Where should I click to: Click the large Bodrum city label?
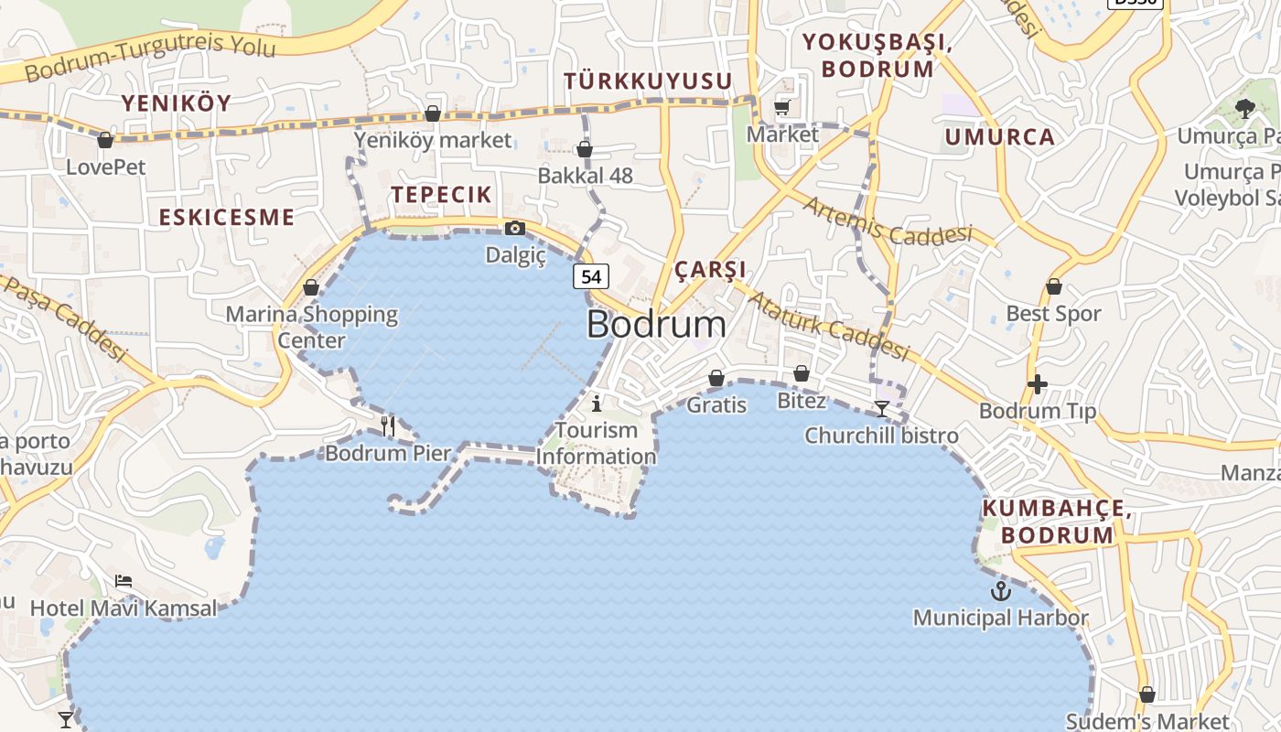pyautogui.click(x=656, y=324)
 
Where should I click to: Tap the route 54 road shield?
pyautogui.click(x=591, y=275)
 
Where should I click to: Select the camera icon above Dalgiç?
pyautogui.click(x=515, y=228)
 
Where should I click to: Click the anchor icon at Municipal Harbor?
pyautogui.click(x=1001, y=590)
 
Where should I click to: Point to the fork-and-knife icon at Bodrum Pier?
pyautogui.click(x=388, y=425)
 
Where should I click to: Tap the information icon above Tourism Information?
pyautogui.click(x=597, y=403)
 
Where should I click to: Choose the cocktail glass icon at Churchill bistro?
pyautogui.click(x=881, y=409)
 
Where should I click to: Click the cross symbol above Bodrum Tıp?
pyautogui.click(x=1037, y=384)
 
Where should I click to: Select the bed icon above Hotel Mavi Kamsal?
pyautogui.click(x=124, y=581)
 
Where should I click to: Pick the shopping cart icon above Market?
pyautogui.click(x=782, y=108)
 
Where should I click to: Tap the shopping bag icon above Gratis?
pyautogui.click(x=716, y=378)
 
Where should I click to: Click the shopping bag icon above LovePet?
pyautogui.click(x=105, y=140)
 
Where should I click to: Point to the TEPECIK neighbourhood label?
pyautogui.click(x=441, y=194)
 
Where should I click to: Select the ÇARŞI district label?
pyautogui.click(x=710, y=270)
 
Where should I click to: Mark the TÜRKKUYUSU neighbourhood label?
pyautogui.click(x=648, y=81)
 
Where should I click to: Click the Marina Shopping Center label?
pyautogui.click(x=312, y=328)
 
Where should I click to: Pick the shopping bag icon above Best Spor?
pyautogui.click(x=1054, y=286)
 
